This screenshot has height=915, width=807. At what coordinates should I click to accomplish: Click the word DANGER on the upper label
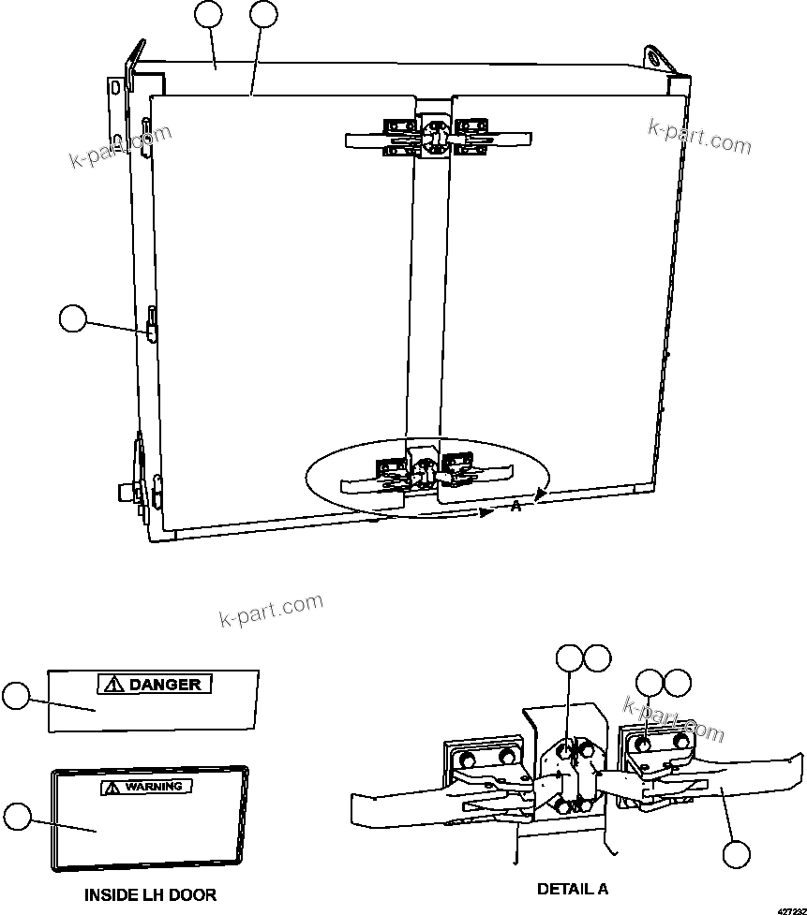click(x=165, y=685)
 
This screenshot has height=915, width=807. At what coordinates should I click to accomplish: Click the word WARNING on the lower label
click(x=157, y=787)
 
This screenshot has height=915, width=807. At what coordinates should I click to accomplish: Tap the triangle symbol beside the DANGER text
click(x=113, y=685)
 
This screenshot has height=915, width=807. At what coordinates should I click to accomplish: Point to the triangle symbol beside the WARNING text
click(x=112, y=788)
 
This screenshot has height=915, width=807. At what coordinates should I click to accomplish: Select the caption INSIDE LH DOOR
click(x=150, y=894)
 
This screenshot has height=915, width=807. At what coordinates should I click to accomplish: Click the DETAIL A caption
click(x=573, y=889)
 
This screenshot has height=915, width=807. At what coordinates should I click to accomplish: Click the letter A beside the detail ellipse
click(x=516, y=507)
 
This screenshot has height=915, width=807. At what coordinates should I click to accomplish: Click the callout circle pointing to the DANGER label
click(x=15, y=695)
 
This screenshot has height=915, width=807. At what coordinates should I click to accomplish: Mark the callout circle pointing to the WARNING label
click(x=16, y=816)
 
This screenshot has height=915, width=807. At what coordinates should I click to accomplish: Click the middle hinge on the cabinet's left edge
click(x=150, y=327)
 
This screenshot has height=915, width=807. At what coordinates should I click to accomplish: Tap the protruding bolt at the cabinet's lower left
click(x=125, y=491)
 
